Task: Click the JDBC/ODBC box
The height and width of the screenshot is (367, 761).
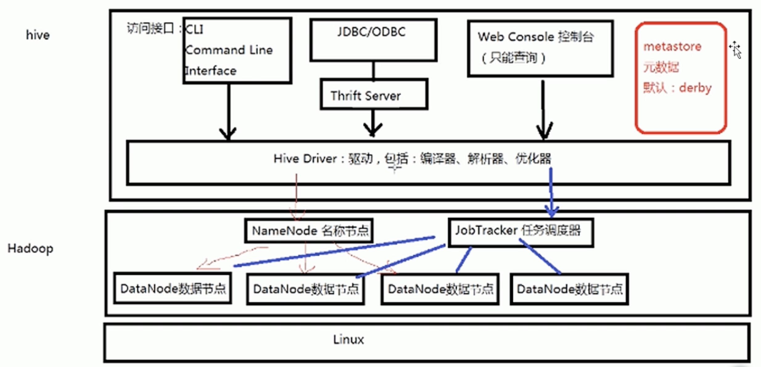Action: click(x=373, y=40)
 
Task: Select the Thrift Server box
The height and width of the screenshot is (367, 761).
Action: click(x=374, y=94)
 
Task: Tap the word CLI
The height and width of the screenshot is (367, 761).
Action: click(x=194, y=30)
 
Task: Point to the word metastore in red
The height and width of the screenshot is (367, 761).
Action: click(x=672, y=47)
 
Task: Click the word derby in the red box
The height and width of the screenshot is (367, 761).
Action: click(x=695, y=88)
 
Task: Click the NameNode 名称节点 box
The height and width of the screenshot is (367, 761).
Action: click(x=309, y=231)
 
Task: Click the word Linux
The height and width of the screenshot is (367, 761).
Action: click(x=348, y=340)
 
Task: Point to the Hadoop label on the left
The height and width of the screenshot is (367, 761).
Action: click(x=30, y=249)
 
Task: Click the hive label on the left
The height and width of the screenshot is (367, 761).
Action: click(x=38, y=35)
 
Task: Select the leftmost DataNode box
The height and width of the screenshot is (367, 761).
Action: click(x=173, y=289)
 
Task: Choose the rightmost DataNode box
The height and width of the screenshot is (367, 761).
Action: click(x=569, y=289)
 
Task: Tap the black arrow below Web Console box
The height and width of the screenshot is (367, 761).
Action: click(x=543, y=111)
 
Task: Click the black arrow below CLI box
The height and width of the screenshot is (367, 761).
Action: click(x=228, y=111)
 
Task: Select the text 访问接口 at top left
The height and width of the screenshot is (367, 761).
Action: click(x=150, y=29)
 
